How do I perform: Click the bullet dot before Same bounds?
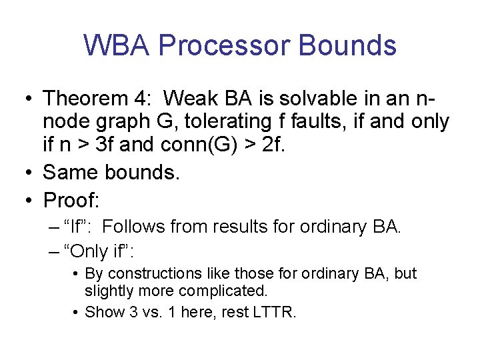[x=29, y=173]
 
